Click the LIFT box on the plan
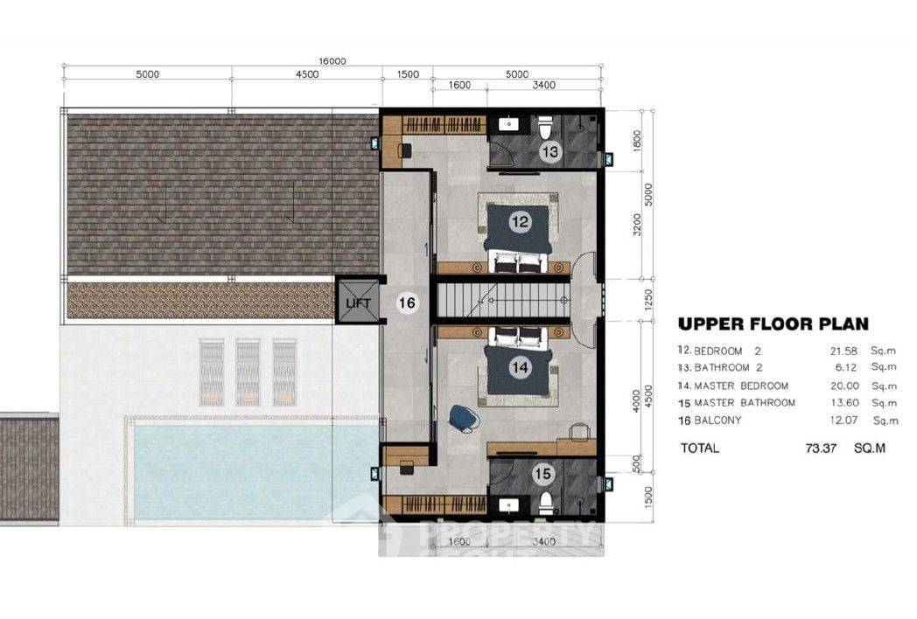click(x=359, y=302)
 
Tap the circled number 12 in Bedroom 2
click(x=520, y=222)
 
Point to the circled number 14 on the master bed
click(x=520, y=368)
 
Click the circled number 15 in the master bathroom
click(x=543, y=475)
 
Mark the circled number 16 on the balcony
click(x=406, y=303)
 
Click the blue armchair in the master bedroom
click(x=461, y=418)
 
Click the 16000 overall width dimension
click(x=332, y=61)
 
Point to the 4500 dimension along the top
click(x=306, y=75)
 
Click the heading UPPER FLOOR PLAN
click(x=773, y=324)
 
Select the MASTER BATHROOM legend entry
click(x=744, y=403)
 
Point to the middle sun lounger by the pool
click(x=248, y=372)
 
